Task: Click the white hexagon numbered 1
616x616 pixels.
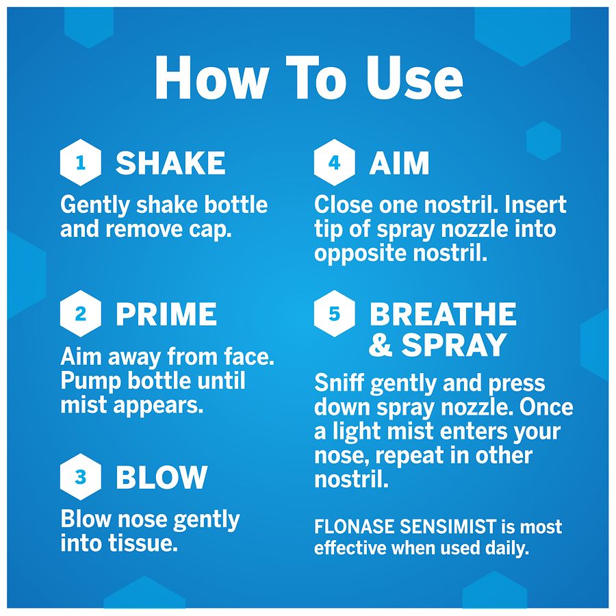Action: click(81, 162)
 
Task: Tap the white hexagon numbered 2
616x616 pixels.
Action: click(81, 313)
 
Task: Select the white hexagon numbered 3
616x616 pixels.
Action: click(81, 476)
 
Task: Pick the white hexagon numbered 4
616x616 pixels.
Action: click(334, 162)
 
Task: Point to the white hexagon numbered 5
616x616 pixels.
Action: click(334, 313)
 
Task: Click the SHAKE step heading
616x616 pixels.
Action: click(170, 163)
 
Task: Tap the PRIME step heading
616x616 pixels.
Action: click(166, 314)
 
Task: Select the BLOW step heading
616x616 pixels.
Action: click(162, 477)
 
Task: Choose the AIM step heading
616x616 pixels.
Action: click(399, 163)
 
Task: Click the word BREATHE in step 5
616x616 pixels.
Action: click(443, 314)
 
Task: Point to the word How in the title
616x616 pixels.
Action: click(210, 78)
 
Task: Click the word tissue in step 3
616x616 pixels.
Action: click(143, 543)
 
